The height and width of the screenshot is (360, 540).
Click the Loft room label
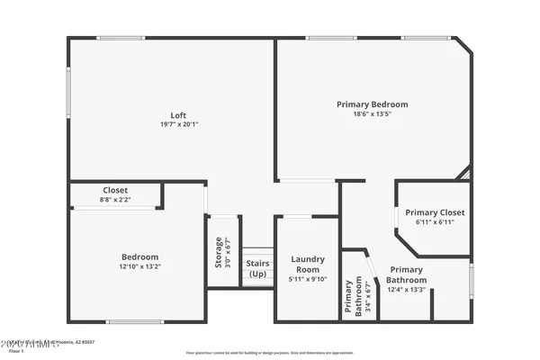(x=178, y=114)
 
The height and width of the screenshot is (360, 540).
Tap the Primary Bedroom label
(x=372, y=104)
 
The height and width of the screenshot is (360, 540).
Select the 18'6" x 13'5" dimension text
(x=372, y=114)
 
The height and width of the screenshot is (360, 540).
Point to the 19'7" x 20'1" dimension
(x=178, y=124)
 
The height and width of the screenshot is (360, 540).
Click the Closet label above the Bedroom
(x=115, y=190)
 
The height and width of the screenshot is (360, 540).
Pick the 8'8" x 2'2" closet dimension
(x=115, y=200)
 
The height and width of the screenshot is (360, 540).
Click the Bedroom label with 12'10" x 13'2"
(x=139, y=256)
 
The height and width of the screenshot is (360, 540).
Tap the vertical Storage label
(x=218, y=252)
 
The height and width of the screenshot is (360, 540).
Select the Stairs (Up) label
(x=258, y=268)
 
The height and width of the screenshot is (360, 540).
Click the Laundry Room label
(x=308, y=264)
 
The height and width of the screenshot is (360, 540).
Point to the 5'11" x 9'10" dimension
(x=308, y=278)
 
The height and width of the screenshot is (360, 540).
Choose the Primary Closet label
(x=435, y=212)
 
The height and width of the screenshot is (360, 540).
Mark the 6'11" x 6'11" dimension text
(x=435, y=222)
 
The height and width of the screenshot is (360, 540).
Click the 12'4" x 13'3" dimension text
(x=406, y=290)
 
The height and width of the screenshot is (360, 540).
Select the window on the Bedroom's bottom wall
(x=134, y=321)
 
